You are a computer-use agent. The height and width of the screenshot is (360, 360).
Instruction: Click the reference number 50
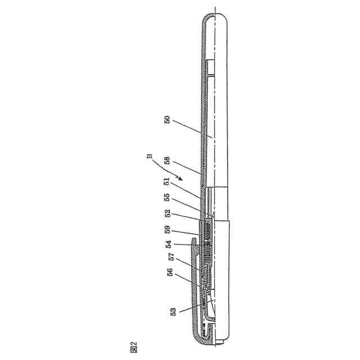(168, 120)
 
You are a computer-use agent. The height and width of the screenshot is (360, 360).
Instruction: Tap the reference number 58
(167, 160)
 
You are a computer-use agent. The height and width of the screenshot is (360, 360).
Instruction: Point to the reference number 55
(167, 197)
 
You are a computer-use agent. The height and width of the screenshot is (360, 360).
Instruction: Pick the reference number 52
(168, 213)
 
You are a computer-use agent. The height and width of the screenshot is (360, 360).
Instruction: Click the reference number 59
(168, 229)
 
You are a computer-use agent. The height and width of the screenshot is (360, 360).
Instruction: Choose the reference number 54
(169, 244)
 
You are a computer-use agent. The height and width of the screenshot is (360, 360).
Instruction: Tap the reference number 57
(172, 256)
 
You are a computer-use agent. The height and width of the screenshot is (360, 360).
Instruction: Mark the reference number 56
(170, 272)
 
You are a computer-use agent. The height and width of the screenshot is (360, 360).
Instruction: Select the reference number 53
(173, 312)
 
